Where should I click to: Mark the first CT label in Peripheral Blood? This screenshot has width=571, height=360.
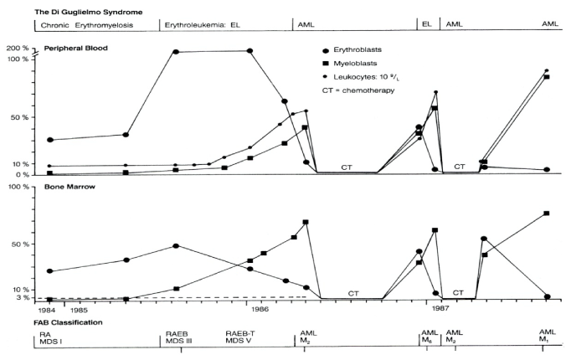347,167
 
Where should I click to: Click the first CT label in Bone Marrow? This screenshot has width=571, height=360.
353,293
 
